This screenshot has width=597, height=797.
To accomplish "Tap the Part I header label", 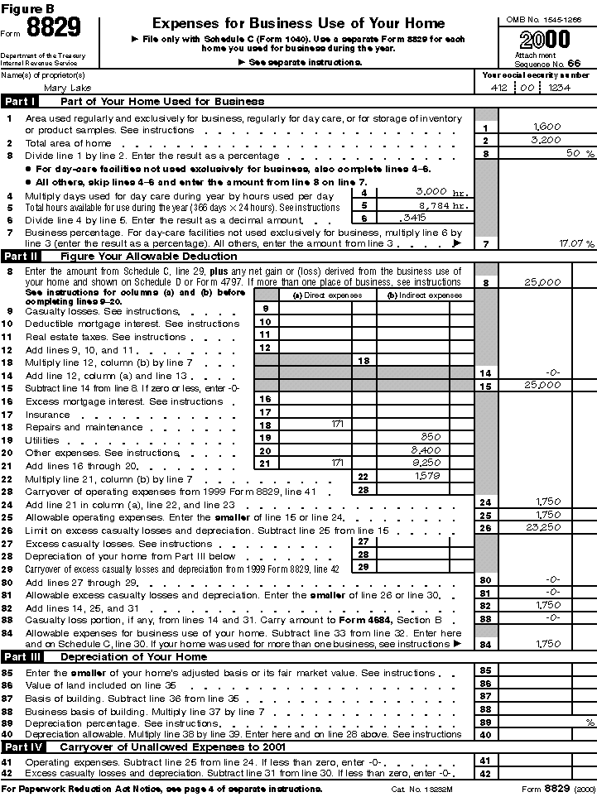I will pyautogui.click(x=20, y=102).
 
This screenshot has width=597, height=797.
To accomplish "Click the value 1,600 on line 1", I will pyautogui.click(x=547, y=127).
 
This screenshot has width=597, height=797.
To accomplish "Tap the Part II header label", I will pyautogui.click(x=21, y=256).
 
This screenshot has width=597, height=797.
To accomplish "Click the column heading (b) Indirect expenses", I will pyautogui.click(x=419, y=295).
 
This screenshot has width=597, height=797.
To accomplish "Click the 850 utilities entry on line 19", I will pyautogui.click(x=430, y=437).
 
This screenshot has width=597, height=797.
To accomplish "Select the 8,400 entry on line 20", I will pyautogui.click(x=430, y=450).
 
